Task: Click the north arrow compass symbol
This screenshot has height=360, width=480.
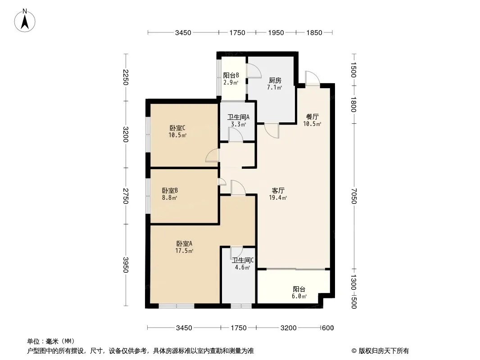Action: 25,21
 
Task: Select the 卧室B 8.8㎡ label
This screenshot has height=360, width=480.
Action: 170,194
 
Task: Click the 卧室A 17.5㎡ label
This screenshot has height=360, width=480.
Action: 184,247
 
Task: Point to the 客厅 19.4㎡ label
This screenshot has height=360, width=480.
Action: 278,194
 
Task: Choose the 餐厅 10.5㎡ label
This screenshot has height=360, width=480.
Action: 312,120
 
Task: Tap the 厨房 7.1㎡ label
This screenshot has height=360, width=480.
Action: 275,84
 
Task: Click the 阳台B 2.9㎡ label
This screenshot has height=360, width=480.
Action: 231,79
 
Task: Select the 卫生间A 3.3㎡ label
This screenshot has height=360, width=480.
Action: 239,121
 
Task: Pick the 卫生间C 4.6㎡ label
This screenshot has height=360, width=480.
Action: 242,264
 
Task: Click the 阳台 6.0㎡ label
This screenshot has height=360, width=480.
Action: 299,292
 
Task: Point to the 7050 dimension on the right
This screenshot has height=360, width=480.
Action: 354,196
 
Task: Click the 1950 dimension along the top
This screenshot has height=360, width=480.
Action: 276,32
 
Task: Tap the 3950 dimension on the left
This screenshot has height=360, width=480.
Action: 126,265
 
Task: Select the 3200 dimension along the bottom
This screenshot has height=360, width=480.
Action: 288,328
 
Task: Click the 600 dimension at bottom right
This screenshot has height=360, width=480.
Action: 328,328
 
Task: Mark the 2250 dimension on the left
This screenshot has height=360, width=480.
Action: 126,77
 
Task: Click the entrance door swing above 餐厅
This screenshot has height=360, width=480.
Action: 312,78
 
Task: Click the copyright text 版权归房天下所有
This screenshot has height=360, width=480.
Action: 384,351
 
